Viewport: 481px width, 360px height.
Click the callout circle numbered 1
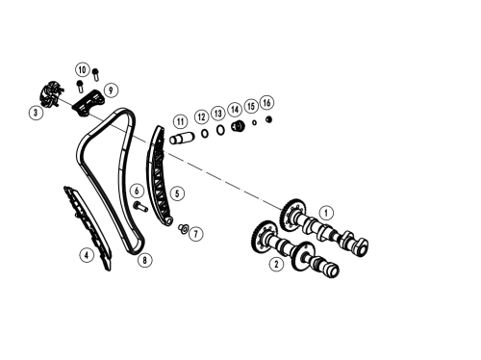coord(326,213)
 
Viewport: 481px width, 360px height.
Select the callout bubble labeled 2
coord(276,264)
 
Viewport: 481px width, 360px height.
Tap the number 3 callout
coord(36,113)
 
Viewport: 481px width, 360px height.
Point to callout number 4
coord(87,255)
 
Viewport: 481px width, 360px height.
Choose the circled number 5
coord(177,193)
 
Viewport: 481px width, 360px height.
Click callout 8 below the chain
coord(145,260)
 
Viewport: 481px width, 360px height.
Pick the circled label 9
coord(111,90)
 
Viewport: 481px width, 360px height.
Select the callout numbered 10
coord(83,69)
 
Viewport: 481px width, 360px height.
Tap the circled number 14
coord(235,110)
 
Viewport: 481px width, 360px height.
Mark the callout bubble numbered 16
coord(266,103)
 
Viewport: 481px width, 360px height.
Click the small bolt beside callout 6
coord(140,206)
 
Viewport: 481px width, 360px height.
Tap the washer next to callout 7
coord(184,228)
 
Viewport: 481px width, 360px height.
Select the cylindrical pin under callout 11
coord(182,139)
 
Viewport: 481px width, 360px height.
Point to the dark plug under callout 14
coord(238,126)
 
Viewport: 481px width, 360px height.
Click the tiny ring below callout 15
coord(254,122)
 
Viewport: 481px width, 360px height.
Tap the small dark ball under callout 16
coord(268,119)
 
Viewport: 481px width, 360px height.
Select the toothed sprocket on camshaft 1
coord(290,215)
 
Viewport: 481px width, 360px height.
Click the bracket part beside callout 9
coord(88,103)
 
